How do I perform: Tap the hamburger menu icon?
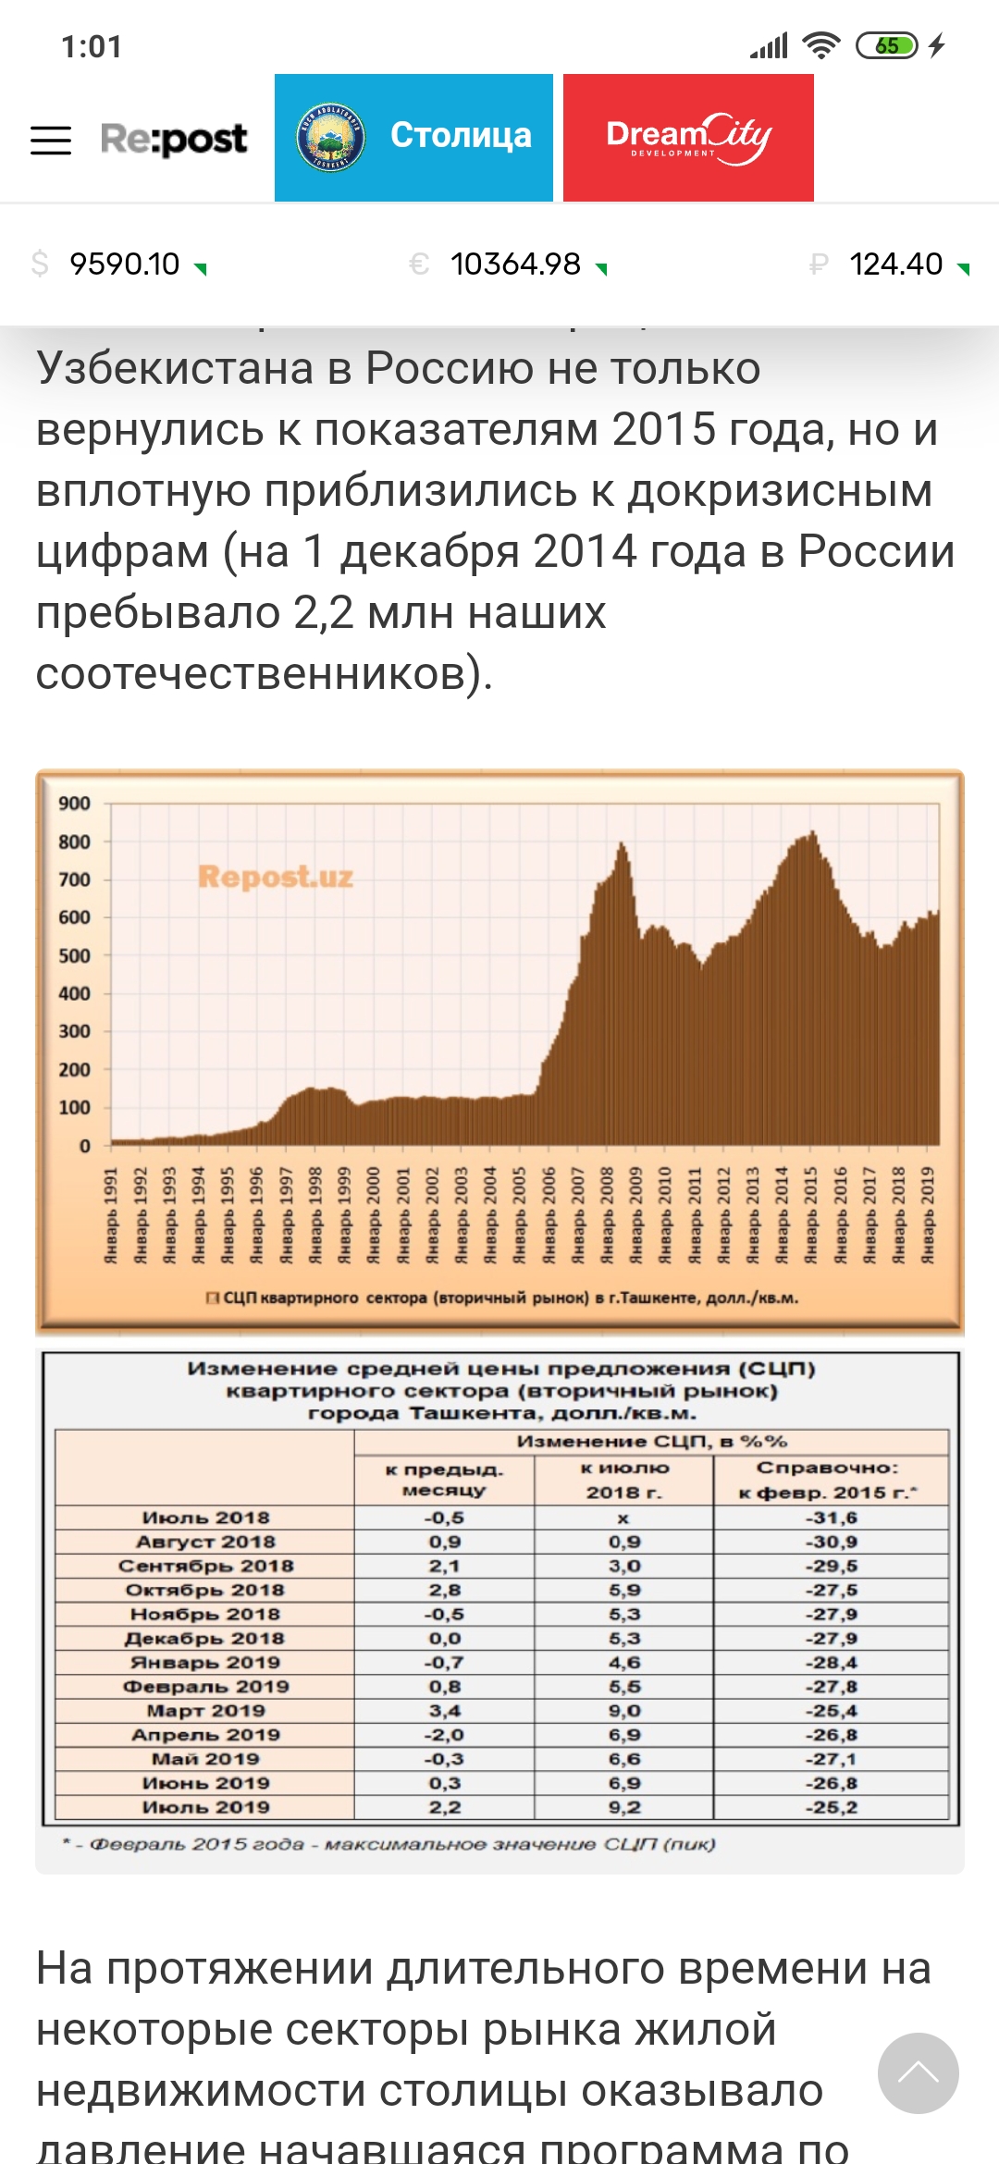pos(51,140)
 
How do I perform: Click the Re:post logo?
pos(174,139)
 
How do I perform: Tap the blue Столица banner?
pos(413,137)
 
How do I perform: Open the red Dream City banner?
pos(688,137)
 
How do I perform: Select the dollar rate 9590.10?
pos(124,264)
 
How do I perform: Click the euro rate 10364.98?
pos(515,264)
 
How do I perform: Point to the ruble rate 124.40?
pos(895,264)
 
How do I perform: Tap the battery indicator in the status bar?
pos(886,45)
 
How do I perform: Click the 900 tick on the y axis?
pos(74,804)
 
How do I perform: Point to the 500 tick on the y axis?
pos(74,955)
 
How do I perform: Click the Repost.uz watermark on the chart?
pos(276,876)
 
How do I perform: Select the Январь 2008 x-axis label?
pos(607,1215)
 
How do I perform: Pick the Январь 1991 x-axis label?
pos(111,1215)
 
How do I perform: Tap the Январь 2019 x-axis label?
pos(928,1215)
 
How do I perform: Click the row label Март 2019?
pos(205,1711)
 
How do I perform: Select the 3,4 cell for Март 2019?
pos(444,1711)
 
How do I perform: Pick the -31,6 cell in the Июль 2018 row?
pos(831,1518)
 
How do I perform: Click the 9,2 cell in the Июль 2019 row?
pos(623,1807)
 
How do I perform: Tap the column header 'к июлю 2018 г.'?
pos(623,1480)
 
